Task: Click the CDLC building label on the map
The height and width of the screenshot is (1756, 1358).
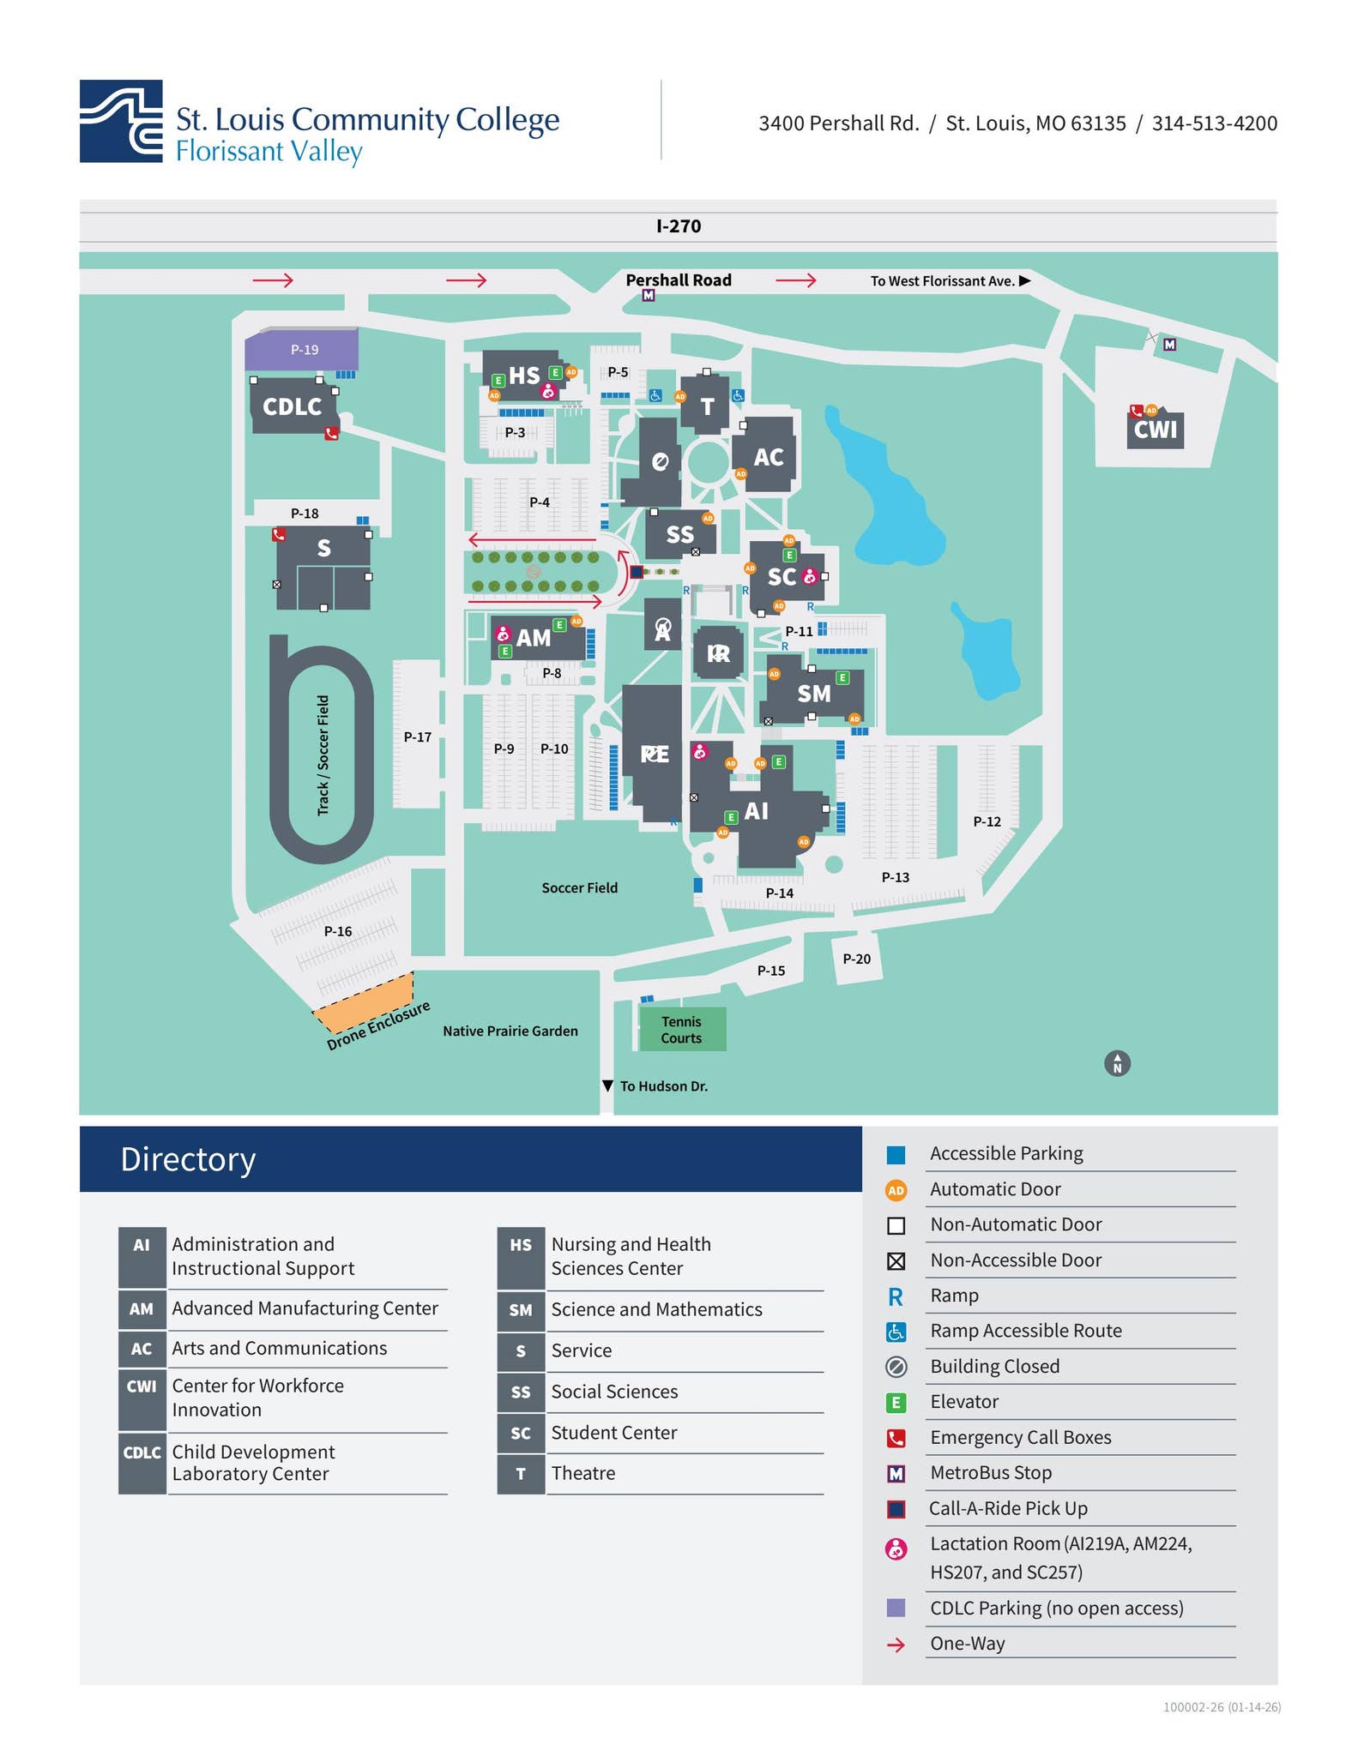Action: (292, 406)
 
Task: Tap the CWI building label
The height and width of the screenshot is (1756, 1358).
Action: (1155, 429)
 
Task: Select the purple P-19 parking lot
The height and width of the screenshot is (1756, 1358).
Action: (302, 350)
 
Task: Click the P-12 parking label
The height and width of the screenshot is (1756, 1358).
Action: (987, 821)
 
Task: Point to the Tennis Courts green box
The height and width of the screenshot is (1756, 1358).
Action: (682, 1029)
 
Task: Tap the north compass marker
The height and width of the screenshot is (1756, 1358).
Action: (1117, 1063)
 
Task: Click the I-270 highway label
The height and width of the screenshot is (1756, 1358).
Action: (678, 226)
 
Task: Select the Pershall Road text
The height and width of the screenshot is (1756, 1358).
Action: (678, 280)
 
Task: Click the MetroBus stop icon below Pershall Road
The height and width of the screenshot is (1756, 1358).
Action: (649, 296)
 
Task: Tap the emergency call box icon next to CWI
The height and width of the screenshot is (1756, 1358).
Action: (1137, 411)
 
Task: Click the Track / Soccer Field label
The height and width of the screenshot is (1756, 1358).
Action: (323, 755)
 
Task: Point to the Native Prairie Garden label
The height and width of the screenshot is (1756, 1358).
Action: (510, 1031)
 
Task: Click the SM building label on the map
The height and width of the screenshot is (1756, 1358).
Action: (813, 693)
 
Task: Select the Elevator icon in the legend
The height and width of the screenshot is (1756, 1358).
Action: (896, 1403)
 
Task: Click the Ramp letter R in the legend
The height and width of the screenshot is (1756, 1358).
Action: (896, 1296)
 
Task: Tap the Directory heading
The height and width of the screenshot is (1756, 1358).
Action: (188, 1159)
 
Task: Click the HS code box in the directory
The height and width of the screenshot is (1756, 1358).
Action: (521, 1245)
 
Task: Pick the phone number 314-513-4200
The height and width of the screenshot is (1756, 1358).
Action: (1214, 123)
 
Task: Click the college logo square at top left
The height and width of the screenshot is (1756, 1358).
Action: (121, 121)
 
